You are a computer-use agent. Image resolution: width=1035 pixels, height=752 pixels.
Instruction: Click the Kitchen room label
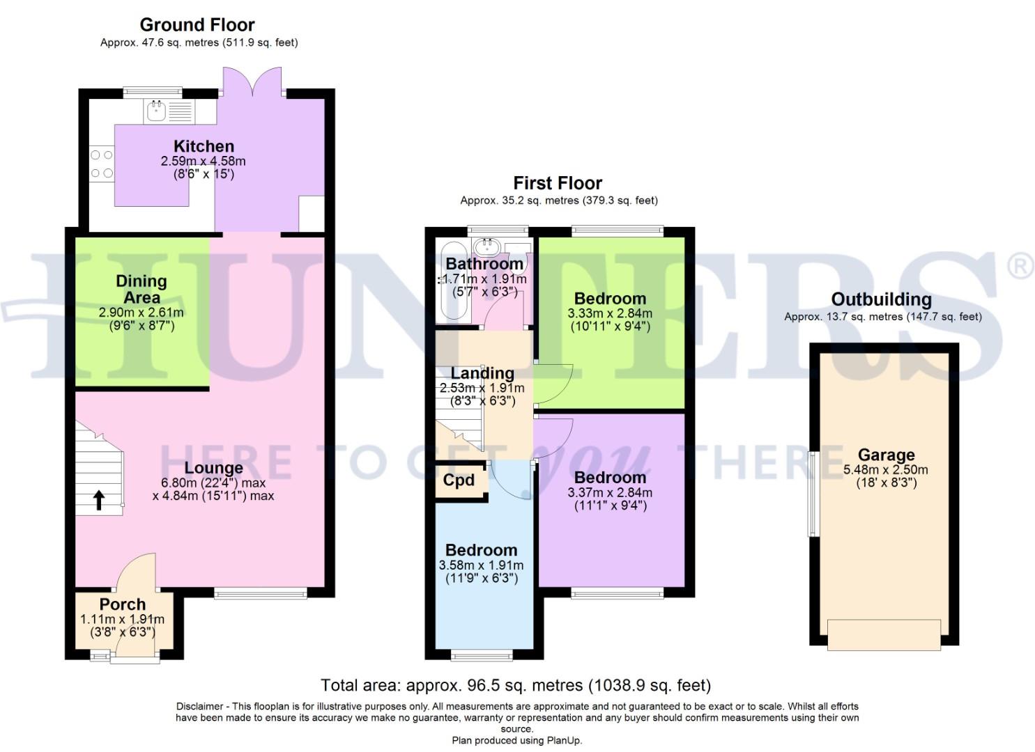coord(204,146)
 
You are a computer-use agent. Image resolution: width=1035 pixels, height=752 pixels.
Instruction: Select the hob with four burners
coord(102,164)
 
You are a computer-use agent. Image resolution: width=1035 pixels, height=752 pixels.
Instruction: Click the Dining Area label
coord(141,289)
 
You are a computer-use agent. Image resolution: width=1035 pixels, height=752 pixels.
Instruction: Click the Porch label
coord(123,604)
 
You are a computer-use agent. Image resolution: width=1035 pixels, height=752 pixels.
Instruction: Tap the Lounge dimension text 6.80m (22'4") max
coord(213,483)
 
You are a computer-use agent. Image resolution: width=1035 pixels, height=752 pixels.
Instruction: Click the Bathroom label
coord(484,264)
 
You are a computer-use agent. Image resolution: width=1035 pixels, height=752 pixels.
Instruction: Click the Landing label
coord(482,374)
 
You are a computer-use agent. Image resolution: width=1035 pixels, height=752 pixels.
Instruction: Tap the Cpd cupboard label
coord(459,480)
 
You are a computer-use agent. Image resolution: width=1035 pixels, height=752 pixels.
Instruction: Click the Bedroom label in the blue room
coord(481,550)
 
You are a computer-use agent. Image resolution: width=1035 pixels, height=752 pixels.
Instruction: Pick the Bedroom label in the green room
coord(610,299)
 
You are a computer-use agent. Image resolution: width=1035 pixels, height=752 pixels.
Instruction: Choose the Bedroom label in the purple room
coord(610,478)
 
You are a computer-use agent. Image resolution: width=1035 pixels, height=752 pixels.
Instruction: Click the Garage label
coord(886,455)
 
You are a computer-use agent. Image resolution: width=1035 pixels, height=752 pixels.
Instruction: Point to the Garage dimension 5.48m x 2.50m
coord(886,470)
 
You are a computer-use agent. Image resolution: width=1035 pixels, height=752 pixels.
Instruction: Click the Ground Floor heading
coord(197,25)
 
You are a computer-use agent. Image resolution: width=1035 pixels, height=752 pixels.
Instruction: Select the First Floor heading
coord(558,183)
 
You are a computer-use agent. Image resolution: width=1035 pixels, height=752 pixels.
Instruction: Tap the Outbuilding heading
coord(881,299)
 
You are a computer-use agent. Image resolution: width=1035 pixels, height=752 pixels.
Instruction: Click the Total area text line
coord(516,685)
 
